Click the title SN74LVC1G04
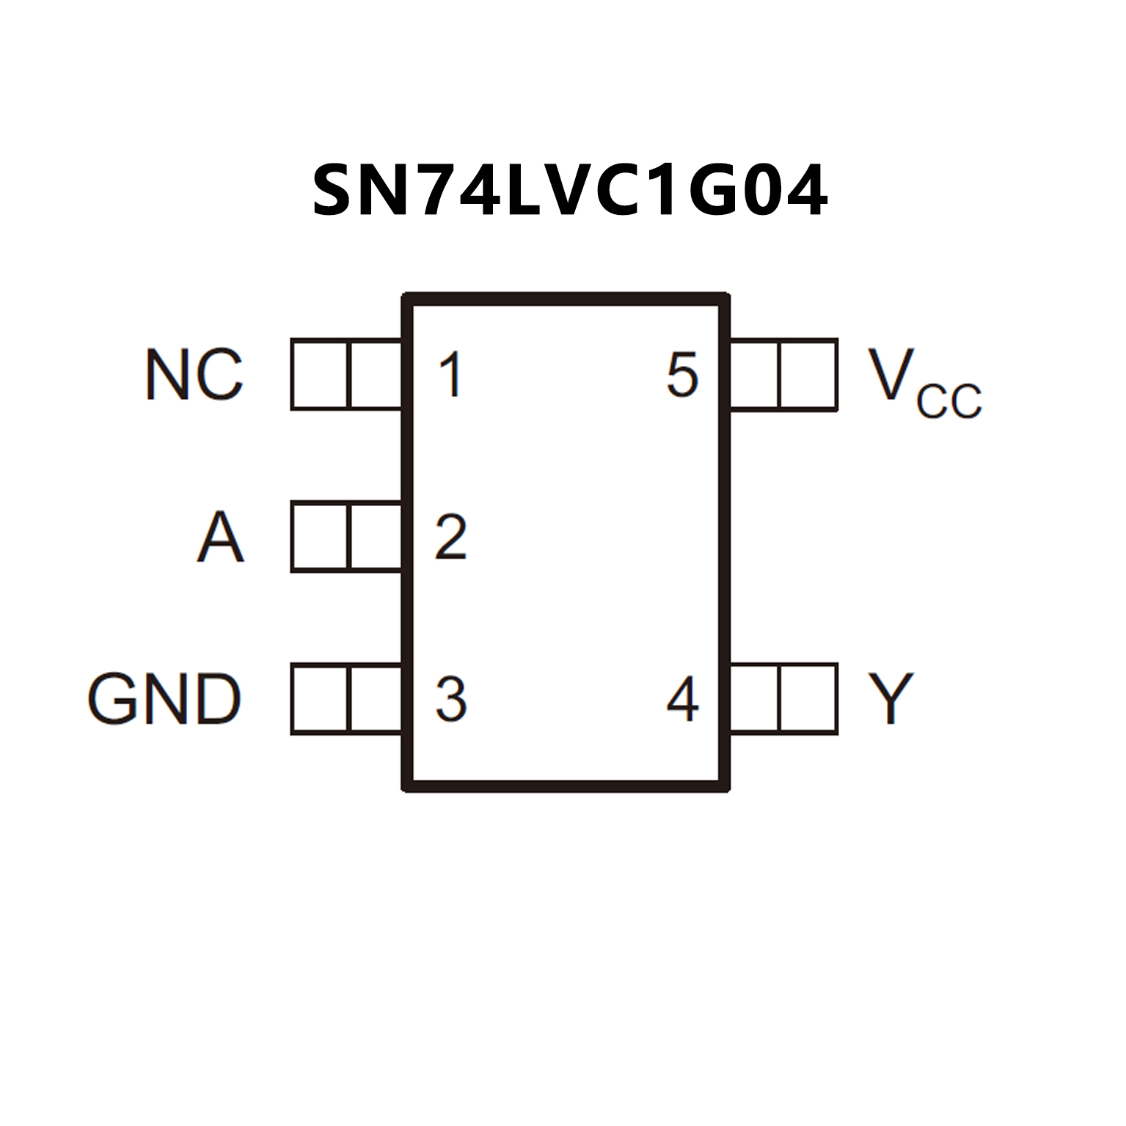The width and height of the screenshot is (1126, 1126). pos(570,191)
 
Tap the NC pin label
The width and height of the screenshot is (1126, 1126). pos(194,375)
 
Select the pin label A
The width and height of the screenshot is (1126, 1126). pos(220,537)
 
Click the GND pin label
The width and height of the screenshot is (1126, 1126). pos(164,699)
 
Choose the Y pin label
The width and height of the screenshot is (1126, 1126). pos(890,698)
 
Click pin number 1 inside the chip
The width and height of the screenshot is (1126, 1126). pos(450,375)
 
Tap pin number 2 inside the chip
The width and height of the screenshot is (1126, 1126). pos(450,537)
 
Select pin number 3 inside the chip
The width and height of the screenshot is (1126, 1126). pos(450,699)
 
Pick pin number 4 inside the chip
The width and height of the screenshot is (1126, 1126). pos(682,699)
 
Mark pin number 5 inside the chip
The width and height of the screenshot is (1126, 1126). pos(682,375)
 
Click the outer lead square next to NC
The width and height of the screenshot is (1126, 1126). pos(320,374)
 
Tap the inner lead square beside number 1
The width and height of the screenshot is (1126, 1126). pos(376,374)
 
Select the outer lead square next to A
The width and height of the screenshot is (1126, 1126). pos(320,536)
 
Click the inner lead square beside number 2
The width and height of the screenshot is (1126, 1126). pos(376,536)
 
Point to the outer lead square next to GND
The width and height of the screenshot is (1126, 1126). pos(320,698)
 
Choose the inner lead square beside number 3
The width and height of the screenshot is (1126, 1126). pos(376,698)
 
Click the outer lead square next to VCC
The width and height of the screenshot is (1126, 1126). pos(808,374)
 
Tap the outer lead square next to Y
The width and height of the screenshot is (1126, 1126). pos(808,698)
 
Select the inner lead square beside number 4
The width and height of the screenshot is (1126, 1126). pos(753,698)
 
